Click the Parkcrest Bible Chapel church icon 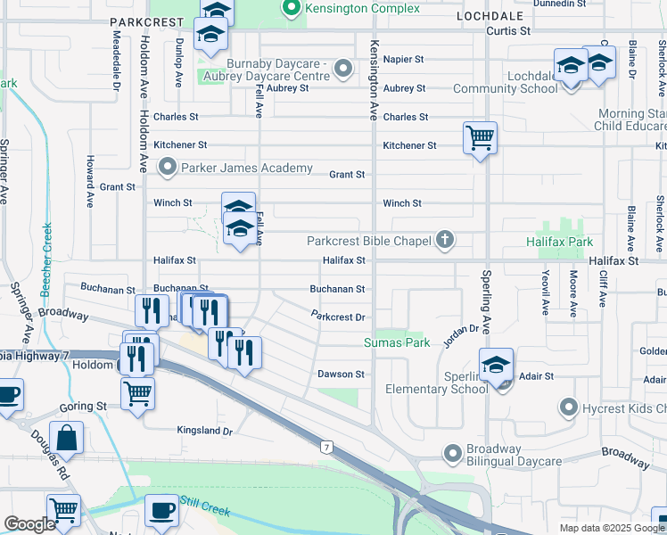[x=444, y=240]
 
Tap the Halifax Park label [x=559, y=242]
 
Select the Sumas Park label [x=397, y=342]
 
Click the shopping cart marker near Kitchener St [x=480, y=138]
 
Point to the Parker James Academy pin [x=166, y=167]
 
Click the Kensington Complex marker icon [x=289, y=9]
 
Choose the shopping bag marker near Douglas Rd [x=67, y=438]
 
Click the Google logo [x=29, y=524]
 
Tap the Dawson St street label [x=342, y=374]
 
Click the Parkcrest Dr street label [x=339, y=317]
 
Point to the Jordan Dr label [x=464, y=331]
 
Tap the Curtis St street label [x=508, y=30]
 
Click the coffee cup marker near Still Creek [x=161, y=510]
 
